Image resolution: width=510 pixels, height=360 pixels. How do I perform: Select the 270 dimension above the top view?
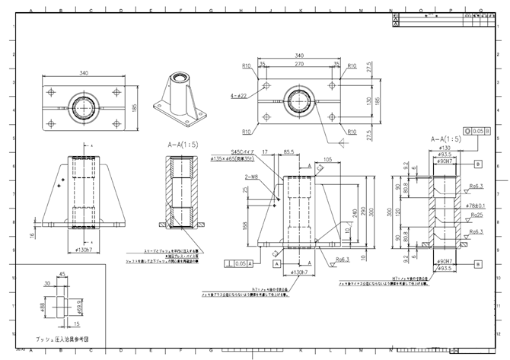[295, 65]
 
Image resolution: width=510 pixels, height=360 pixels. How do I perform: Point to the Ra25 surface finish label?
[477, 216]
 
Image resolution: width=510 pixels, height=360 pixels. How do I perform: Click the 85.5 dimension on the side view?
[290, 152]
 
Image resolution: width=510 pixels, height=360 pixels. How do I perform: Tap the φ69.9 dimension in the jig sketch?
[79, 305]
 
